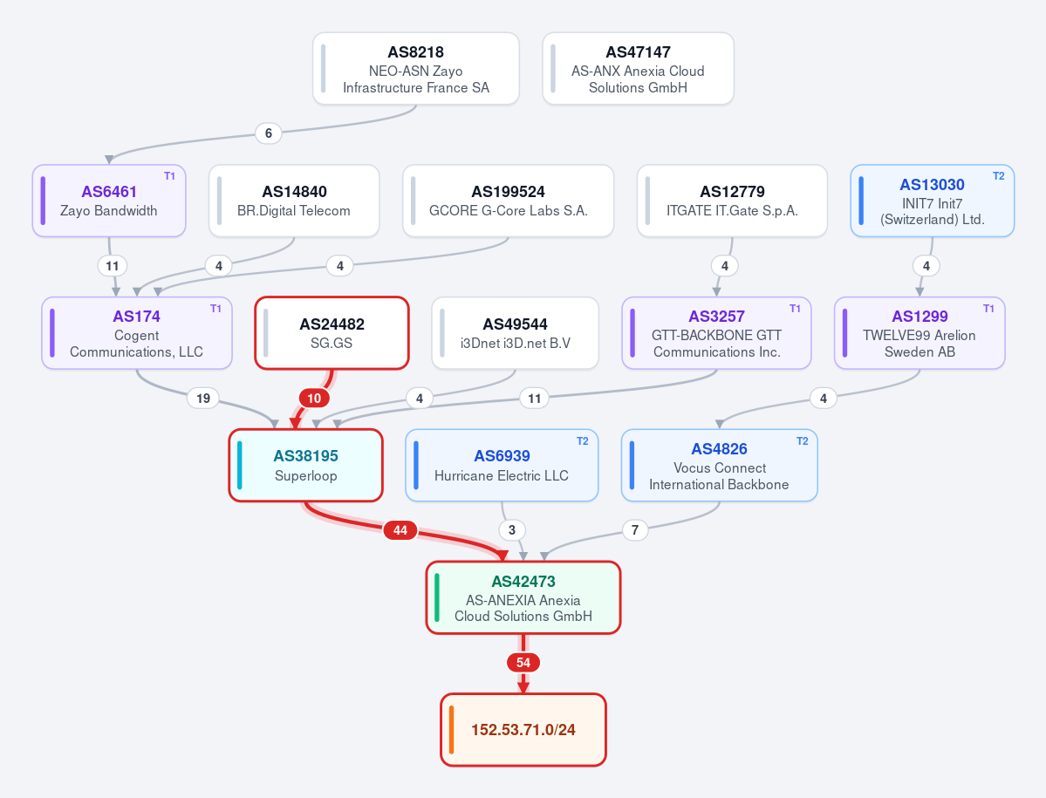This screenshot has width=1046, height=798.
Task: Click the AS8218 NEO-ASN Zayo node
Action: pyautogui.click(x=415, y=69)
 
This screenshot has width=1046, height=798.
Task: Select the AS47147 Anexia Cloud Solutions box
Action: pyautogui.click(x=638, y=69)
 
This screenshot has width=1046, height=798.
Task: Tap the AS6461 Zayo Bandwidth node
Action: pyautogui.click(x=109, y=201)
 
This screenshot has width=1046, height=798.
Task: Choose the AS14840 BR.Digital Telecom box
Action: pyautogui.click(x=294, y=201)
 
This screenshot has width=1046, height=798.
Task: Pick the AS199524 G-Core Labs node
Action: pyautogui.click(x=509, y=201)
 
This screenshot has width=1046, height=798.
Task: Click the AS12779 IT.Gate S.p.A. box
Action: pyautogui.click(x=732, y=201)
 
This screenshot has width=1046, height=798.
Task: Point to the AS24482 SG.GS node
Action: pyautogui.click(x=332, y=332)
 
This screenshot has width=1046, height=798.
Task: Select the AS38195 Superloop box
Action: pyautogui.click(x=305, y=466)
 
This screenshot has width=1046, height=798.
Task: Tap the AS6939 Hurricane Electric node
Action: pyautogui.click(x=502, y=466)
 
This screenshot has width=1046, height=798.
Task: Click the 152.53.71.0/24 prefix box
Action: pyautogui.click(x=523, y=730)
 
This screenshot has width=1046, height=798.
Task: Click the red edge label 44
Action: pyautogui.click(x=400, y=530)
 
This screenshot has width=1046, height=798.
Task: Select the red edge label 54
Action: pyautogui.click(x=523, y=663)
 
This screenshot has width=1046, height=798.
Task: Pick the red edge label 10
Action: pyautogui.click(x=314, y=398)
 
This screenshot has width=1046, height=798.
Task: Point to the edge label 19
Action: pyautogui.click(x=202, y=398)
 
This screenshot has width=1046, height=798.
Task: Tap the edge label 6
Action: pyautogui.click(x=268, y=133)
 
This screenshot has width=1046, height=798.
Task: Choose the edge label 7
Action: pyautogui.click(x=635, y=530)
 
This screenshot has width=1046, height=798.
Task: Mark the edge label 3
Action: pyautogui.click(x=512, y=530)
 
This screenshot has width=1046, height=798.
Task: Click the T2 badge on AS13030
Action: pyautogui.click(x=998, y=176)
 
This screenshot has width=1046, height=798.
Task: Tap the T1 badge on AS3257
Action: pyautogui.click(x=795, y=309)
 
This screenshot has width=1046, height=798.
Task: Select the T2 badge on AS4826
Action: pyautogui.click(x=802, y=441)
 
